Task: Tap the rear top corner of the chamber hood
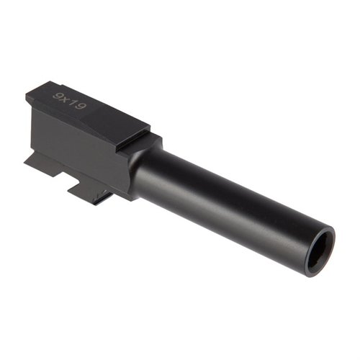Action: (29, 94)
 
